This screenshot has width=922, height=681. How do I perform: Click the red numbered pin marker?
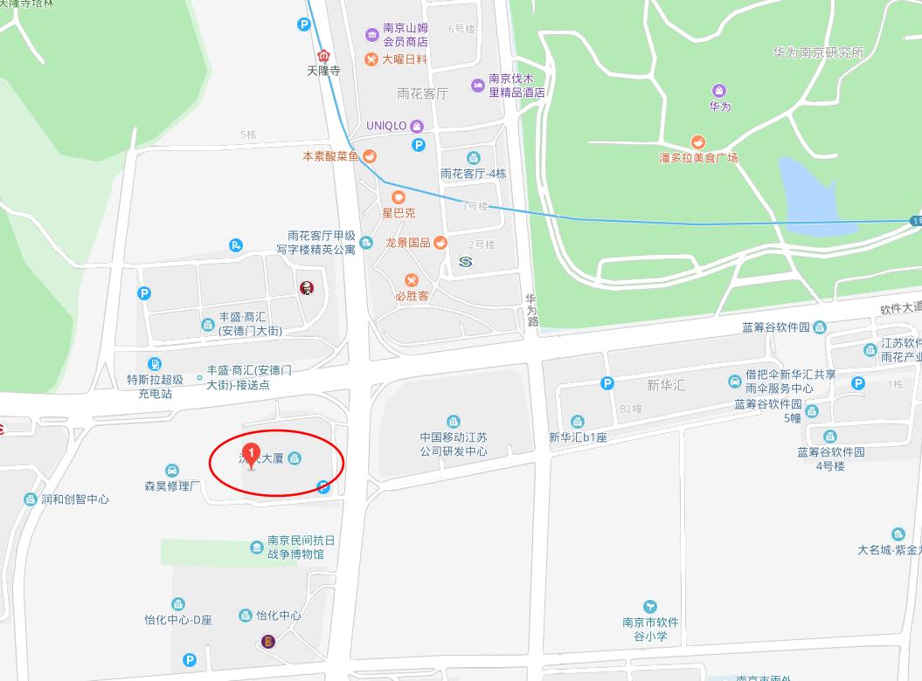(x=253, y=455)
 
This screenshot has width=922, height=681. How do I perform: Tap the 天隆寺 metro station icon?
(x=323, y=54)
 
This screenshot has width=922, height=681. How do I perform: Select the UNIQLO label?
(x=386, y=126)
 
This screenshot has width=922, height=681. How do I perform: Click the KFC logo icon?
(x=306, y=288)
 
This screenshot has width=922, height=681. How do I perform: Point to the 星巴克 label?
(x=399, y=212)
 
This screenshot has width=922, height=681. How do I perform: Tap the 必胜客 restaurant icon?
(x=412, y=279)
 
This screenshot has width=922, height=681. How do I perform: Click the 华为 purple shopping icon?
(x=719, y=90)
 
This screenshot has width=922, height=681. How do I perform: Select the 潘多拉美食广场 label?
(x=698, y=158)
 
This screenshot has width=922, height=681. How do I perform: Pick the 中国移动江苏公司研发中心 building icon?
(x=453, y=422)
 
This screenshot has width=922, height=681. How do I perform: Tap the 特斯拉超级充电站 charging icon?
(x=155, y=364)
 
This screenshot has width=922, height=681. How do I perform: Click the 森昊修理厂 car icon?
(x=172, y=470)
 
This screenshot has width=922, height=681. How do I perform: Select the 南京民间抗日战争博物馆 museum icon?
(x=256, y=547)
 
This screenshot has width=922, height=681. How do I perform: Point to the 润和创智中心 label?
(x=75, y=499)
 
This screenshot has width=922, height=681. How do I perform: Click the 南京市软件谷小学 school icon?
(x=650, y=607)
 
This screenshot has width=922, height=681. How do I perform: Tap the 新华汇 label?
(x=666, y=385)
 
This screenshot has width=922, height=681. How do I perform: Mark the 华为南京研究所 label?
(x=818, y=52)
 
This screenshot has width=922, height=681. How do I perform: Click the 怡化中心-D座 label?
(x=178, y=620)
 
